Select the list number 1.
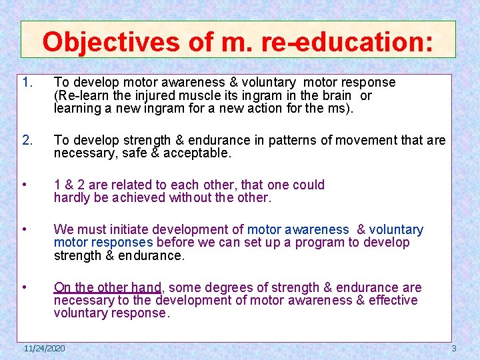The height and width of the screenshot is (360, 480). click(x=27, y=83)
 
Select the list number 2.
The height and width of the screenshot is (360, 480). click(x=27, y=141)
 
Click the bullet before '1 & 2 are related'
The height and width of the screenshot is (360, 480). click(x=25, y=185)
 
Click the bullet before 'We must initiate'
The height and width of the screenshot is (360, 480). click(x=25, y=230)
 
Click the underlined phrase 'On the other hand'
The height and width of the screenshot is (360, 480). click(x=107, y=288)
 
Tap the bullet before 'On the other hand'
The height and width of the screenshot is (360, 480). click(x=25, y=288)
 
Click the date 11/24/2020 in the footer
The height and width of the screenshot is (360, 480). click(x=44, y=349)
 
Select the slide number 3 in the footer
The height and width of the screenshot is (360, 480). click(x=454, y=349)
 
